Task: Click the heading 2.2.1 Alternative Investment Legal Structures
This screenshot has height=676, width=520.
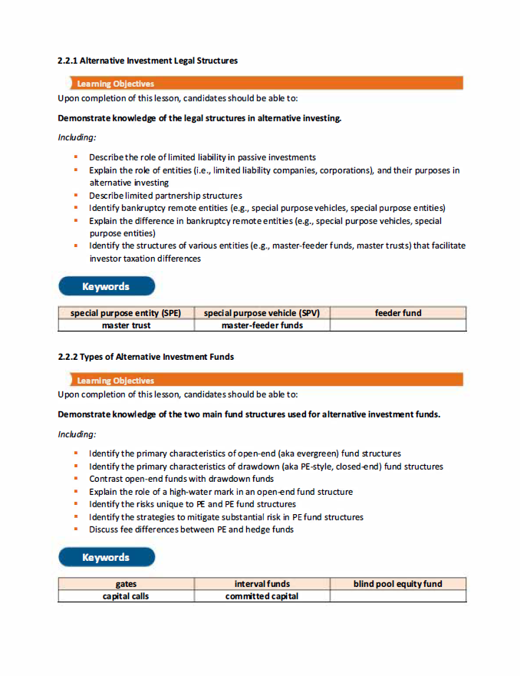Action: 148,61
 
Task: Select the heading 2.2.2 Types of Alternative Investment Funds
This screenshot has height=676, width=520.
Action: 146,357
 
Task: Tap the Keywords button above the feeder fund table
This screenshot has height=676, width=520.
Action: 106,287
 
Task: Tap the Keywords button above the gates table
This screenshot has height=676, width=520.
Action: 106,558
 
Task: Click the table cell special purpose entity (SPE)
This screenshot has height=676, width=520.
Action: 126,313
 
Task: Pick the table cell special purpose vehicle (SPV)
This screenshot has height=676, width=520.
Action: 262,313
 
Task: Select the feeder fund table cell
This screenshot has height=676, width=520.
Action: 398,313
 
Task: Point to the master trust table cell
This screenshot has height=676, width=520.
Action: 126,325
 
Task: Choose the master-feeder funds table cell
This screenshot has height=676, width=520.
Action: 262,325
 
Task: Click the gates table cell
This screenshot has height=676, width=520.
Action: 126,584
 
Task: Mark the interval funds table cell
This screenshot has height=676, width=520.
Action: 262,584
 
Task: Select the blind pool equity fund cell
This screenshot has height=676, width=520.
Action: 398,584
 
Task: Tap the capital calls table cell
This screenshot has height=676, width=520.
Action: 126,596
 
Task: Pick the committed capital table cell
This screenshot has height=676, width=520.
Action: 262,596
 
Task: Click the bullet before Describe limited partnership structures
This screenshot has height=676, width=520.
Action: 77,196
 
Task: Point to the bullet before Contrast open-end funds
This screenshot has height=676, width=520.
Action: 77,479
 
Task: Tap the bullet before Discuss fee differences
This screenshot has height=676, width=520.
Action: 77,529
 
